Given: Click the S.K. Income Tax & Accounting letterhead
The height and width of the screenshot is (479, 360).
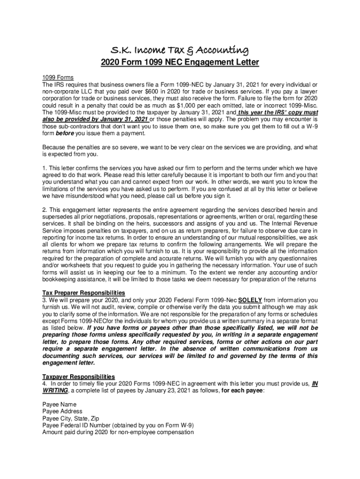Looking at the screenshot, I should click(x=180, y=50).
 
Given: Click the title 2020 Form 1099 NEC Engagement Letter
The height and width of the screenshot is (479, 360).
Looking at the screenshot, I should click(x=180, y=62).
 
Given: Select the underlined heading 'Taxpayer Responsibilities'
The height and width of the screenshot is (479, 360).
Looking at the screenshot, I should click(x=79, y=377).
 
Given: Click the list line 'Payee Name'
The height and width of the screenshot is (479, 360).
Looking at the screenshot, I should click(x=59, y=404).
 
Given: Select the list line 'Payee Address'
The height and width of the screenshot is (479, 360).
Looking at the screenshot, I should click(x=62, y=411).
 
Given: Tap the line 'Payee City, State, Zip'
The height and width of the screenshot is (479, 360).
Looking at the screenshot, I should click(x=71, y=418).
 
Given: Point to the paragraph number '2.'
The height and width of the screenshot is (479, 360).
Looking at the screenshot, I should click(x=45, y=209).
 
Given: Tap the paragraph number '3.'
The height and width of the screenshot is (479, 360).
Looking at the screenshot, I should click(x=45, y=300).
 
